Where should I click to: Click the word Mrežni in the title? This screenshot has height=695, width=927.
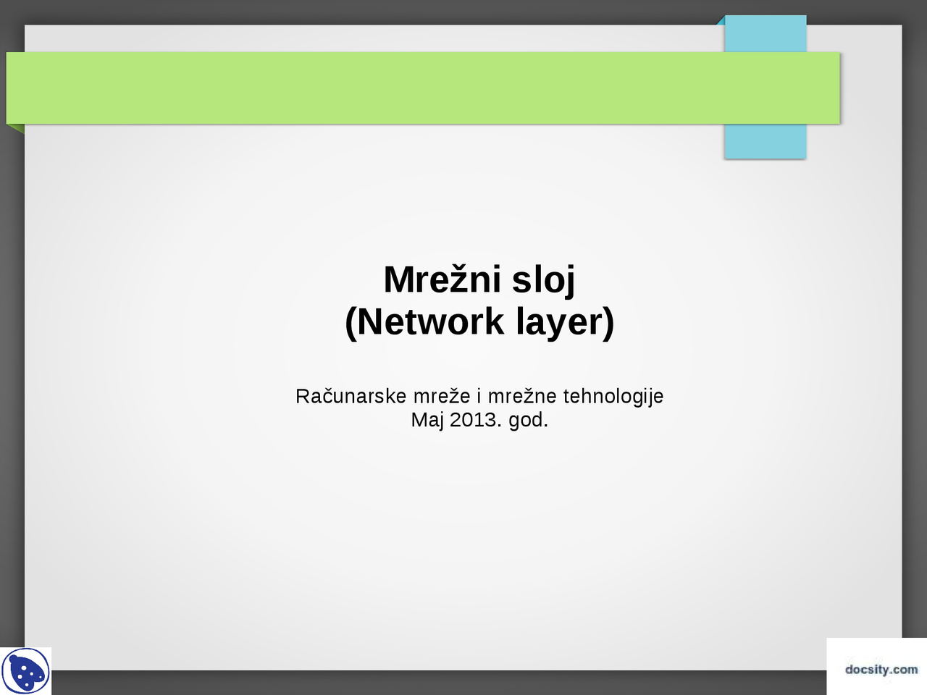point(443,280)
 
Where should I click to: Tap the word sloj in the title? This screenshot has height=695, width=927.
point(543,280)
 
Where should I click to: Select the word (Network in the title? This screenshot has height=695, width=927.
point(424,322)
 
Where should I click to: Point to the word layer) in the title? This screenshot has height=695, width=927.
point(565,322)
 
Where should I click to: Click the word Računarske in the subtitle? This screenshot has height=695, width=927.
point(351,397)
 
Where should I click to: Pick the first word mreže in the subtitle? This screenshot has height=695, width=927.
point(442,397)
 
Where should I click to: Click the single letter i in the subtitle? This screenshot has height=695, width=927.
point(479,397)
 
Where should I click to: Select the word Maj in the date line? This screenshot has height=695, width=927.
point(427,420)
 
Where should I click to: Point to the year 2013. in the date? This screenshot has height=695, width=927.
point(476,420)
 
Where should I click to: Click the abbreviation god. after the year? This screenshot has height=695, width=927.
point(528,420)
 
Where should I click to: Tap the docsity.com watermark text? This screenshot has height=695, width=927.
point(881,670)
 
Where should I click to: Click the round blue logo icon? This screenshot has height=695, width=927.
point(26,672)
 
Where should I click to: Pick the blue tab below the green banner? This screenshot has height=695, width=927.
point(765,141)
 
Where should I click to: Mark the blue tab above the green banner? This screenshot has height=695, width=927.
point(765,34)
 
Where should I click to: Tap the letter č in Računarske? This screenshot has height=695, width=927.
point(329,397)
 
